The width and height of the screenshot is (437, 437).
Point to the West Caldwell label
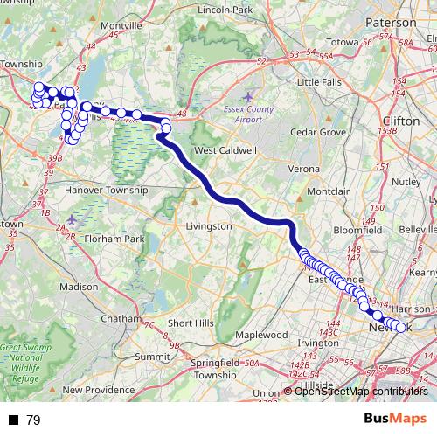pos(225,150)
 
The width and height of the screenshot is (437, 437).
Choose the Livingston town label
pos(209,225)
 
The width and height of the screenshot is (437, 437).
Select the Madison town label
pos(80,286)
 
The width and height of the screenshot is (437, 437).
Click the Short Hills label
pos(191,323)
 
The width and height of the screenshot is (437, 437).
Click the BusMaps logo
pos(394,419)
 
